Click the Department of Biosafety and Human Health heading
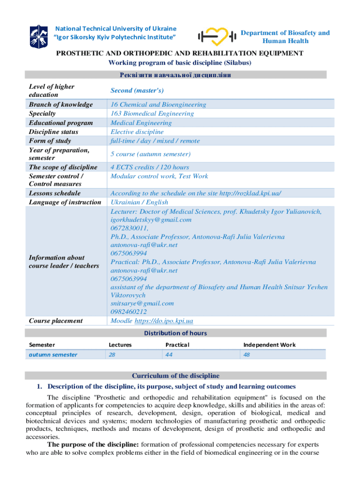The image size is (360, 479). coord(285,36)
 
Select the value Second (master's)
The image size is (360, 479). coord(137,90)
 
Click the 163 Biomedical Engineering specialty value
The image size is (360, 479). coord(152,114)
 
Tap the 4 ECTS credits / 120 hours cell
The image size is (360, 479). coord(150,167)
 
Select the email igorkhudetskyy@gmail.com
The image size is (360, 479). coord(151,219)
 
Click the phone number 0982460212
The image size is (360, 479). coord(129,312)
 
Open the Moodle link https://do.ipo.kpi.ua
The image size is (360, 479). coord(164,321)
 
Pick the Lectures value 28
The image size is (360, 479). coord(113,355)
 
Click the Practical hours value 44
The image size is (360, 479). coord(169,355)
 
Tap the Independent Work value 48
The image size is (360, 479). coord(247,355)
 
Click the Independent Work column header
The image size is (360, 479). coord(269,345)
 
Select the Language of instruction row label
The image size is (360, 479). coord(65,202)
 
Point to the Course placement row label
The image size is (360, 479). coord(56,320)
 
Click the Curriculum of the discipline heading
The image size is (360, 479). coord(175,376)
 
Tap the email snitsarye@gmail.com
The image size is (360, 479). coord(142,303)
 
